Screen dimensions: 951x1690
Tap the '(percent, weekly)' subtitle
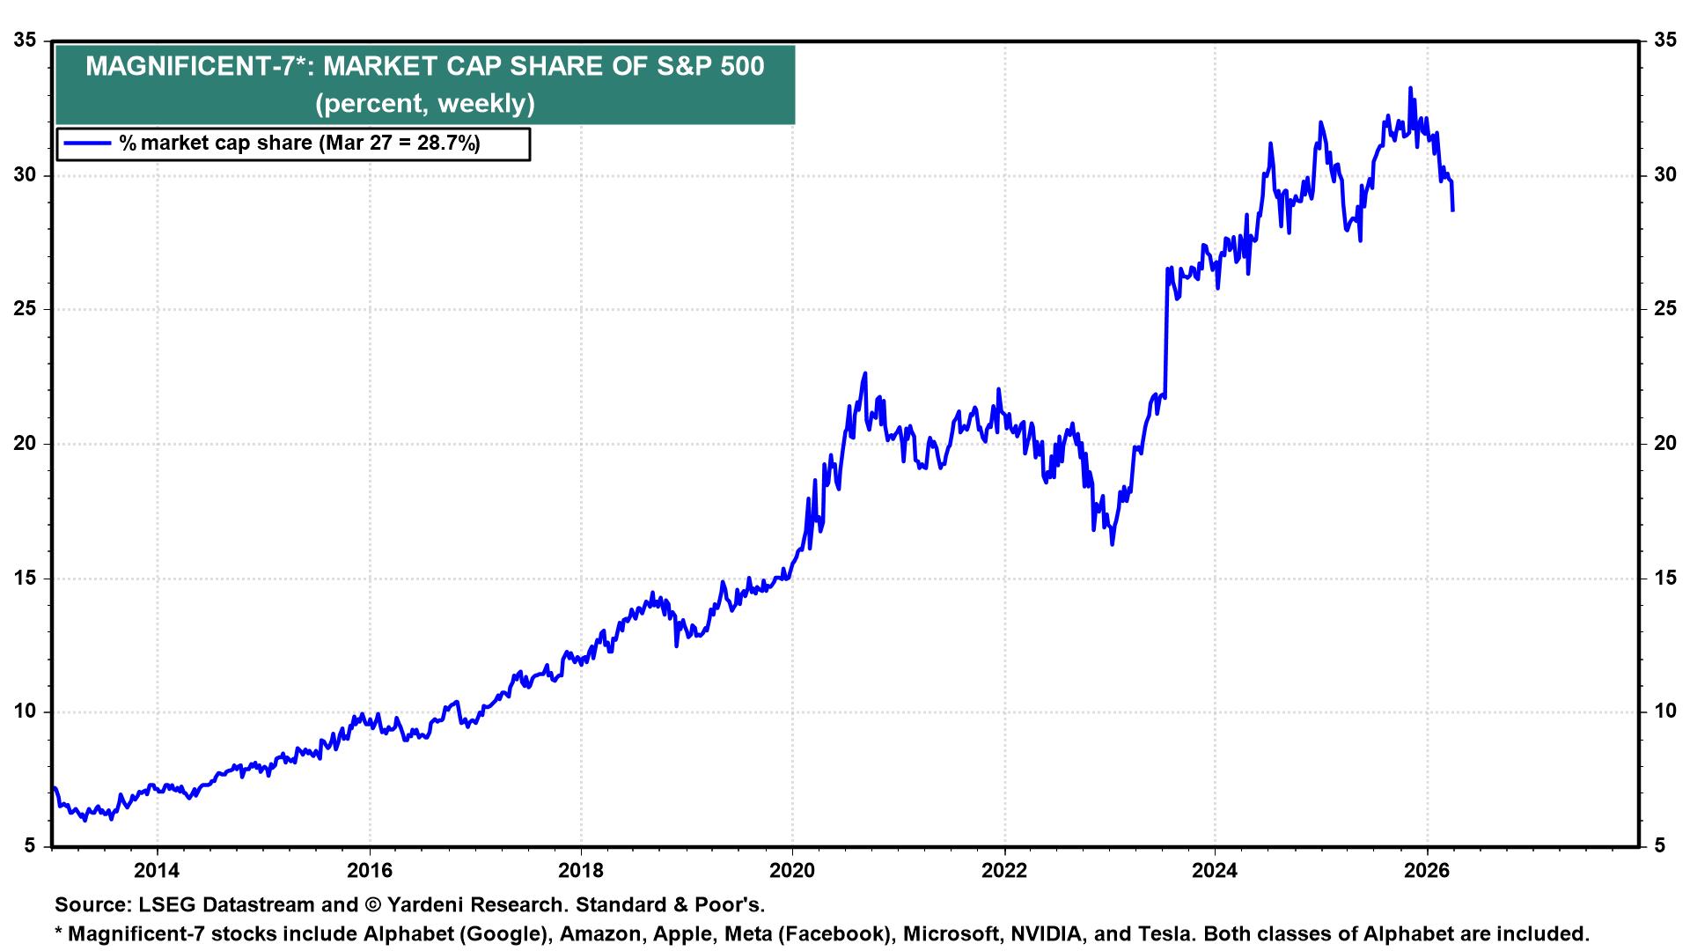click(x=425, y=103)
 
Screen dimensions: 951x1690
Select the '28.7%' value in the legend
click(x=447, y=144)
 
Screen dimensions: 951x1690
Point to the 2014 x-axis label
click(x=157, y=872)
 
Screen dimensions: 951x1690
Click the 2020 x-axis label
click(x=792, y=872)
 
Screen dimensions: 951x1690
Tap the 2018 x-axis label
click(x=580, y=872)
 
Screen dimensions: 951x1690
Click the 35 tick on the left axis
click(x=26, y=41)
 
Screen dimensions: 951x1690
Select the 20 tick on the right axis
click(x=1664, y=444)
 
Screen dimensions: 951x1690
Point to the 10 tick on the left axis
click(x=26, y=711)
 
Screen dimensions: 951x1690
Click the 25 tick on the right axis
click(x=1664, y=309)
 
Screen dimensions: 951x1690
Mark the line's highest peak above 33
click(x=1410, y=88)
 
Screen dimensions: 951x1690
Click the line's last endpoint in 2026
click(x=1452, y=210)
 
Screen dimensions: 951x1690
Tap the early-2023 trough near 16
click(x=1113, y=544)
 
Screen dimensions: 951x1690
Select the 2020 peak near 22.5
click(x=865, y=373)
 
